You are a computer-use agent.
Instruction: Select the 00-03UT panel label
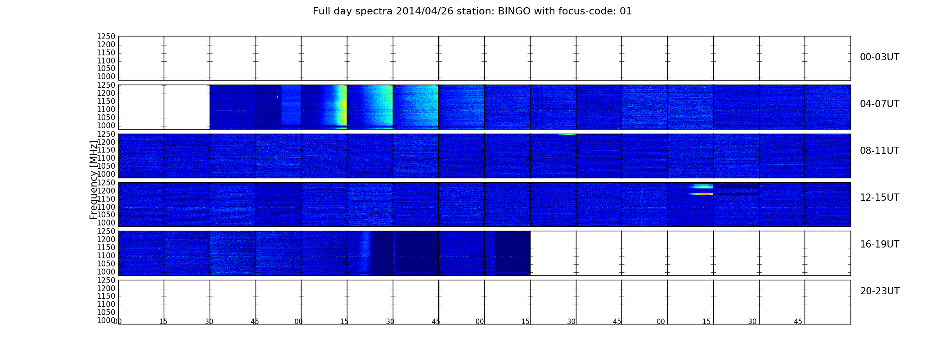click(x=880, y=57)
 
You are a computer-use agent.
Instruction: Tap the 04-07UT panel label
click(x=880, y=104)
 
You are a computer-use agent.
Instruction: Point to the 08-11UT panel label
click(x=880, y=151)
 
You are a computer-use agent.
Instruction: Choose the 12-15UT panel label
click(x=880, y=198)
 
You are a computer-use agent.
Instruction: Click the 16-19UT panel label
click(x=880, y=244)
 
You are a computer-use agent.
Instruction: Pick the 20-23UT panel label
click(x=880, y=291)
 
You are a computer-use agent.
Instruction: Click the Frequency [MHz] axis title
click(x=94, y=180)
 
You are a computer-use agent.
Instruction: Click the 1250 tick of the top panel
click(x=106, y=36)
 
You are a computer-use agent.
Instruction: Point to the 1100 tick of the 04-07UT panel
click(x=106, y=109)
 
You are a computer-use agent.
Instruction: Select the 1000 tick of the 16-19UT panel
click(x=106, y=272)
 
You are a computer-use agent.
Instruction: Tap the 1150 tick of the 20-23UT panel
click(x=106, y=296)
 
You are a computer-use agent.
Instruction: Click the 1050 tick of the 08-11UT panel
click(x=106, y=166)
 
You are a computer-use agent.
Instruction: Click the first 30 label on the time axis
click(x=209, y=321)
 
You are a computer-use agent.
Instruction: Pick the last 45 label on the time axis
click(x=798, y=321)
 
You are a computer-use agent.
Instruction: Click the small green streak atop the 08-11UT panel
click(x=567, y=135)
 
